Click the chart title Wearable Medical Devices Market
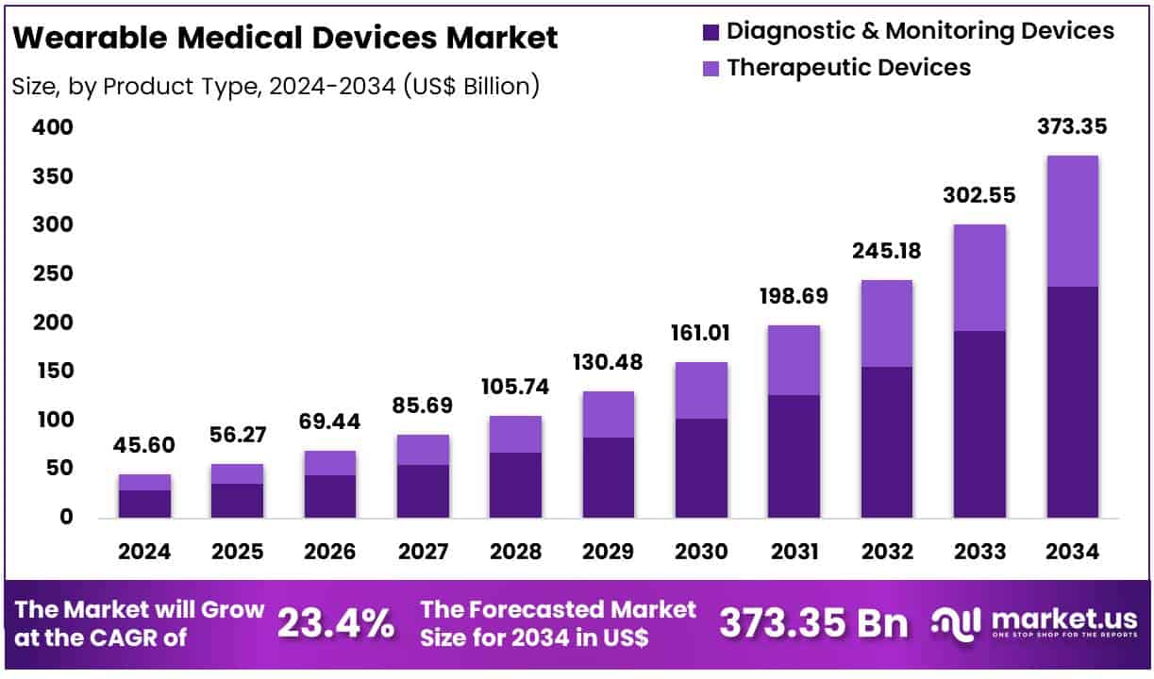pyautogui.click(x=287, y=38)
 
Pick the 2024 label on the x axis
pyautogui.click(x=144, y=553)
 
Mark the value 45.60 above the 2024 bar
pyautogui.click(x=144, y=446)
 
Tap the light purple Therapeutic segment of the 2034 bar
pyautogui.click(x=1073, y=222)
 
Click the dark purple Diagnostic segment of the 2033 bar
pyautogui.click(x=979, y=424)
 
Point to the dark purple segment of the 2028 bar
pyautogui.click(x=515, y=485)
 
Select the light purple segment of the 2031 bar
pyautogui.click(x=794, y=360)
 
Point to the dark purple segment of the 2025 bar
pyautogui.click(x=237, y=501)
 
